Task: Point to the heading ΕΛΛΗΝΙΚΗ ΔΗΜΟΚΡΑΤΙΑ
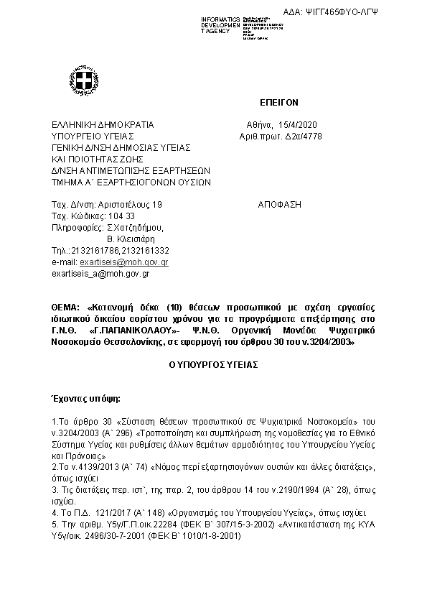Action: tap(97, 124)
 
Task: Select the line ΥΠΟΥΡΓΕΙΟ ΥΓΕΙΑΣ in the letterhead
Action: tap(93, 136)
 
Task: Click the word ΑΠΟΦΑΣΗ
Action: tap(279, 205)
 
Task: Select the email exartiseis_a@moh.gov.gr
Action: tap(100, 274)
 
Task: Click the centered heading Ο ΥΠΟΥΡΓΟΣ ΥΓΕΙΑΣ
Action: tap(214, 365)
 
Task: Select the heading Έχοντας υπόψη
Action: tap(85, 397)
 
